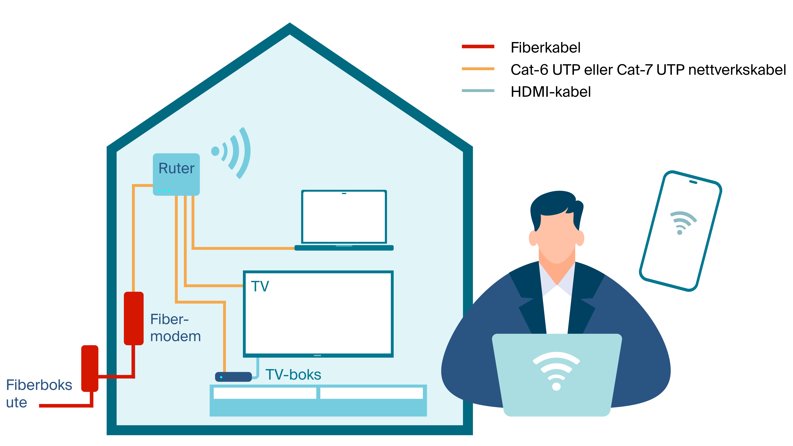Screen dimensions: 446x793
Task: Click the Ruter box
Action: [x=176, y=174]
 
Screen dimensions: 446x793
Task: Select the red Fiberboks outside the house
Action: [x=90, y=368]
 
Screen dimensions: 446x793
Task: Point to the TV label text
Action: [x=260, y=286]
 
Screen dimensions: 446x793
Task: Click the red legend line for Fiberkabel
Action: [x=478, y=46]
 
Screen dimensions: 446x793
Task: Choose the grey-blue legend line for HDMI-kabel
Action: [x=478, y=91]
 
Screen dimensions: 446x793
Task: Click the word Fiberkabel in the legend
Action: [x=545, y=48]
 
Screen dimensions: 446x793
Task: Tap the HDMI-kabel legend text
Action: [x=550, y=92]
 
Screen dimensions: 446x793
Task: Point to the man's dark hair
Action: [x=554, y=203]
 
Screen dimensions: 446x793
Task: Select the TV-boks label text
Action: [x=293, y=375]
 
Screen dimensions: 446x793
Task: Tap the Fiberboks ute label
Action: [x=39, y=393]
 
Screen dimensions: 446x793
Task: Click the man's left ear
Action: [x=580, y=238]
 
